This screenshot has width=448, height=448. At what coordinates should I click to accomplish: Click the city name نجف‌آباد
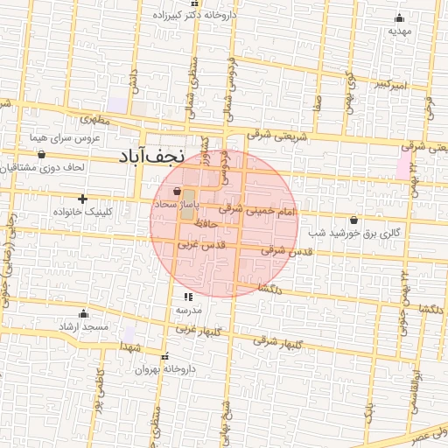pos(152,157)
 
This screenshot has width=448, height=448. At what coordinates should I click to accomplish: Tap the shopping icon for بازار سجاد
pos(178,190)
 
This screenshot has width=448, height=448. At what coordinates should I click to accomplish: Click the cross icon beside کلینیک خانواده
pos(83,199)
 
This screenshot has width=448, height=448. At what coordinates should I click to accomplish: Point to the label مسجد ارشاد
pos(84,327)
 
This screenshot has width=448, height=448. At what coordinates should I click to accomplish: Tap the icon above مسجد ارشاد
pos(84,313)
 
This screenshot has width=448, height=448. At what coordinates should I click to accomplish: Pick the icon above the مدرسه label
pos(188,297)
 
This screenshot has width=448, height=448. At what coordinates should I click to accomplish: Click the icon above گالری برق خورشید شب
pos(353,220)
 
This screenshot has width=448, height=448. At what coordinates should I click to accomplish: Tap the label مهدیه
pos(400,31)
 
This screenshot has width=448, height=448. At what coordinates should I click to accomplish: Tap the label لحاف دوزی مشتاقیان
pos(52,166)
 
